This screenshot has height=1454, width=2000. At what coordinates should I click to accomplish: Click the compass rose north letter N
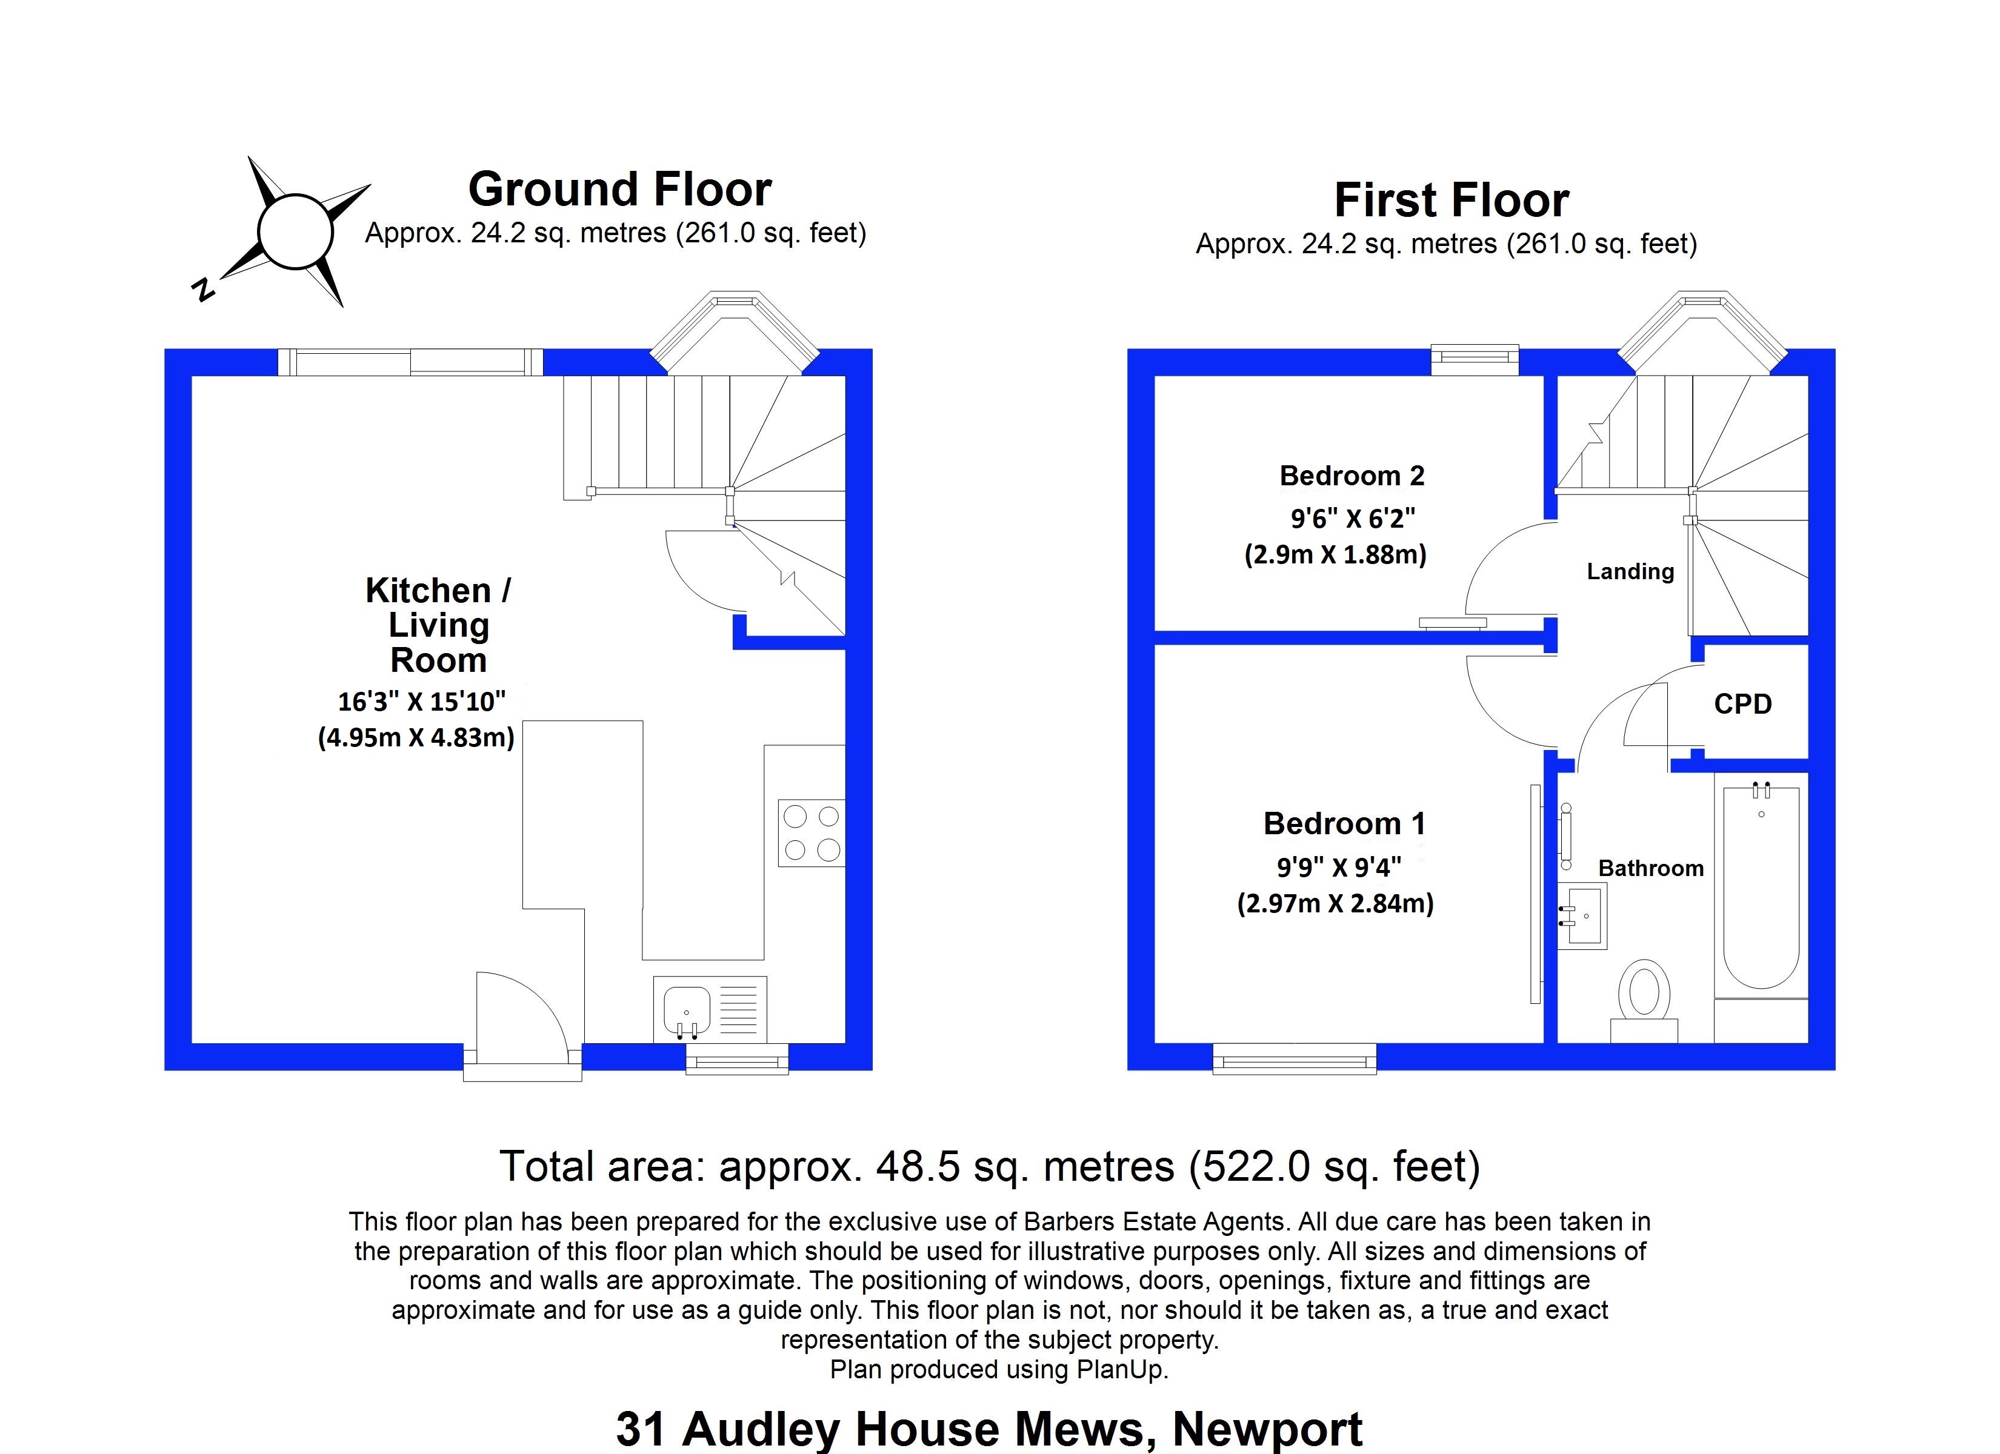[x=204, y=288]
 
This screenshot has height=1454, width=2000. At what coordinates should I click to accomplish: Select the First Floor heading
[x=1451, y=200]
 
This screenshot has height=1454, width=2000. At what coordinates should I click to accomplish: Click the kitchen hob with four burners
[x=812, y=832]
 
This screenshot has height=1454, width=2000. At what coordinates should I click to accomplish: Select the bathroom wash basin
[x=1584, y=915]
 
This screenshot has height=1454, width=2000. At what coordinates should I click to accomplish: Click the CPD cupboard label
[x=1742, y=703]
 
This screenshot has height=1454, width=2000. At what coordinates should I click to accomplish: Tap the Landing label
[x=1630, y=571]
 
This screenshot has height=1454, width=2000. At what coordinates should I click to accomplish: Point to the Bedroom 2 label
[x=1351, y=476]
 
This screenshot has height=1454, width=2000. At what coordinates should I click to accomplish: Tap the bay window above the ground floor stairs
[x=735, y=331]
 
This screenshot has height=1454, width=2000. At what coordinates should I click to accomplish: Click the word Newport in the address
[x=1267, y=1429]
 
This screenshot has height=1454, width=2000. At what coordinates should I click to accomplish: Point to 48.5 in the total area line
[x=917, y=1167]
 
